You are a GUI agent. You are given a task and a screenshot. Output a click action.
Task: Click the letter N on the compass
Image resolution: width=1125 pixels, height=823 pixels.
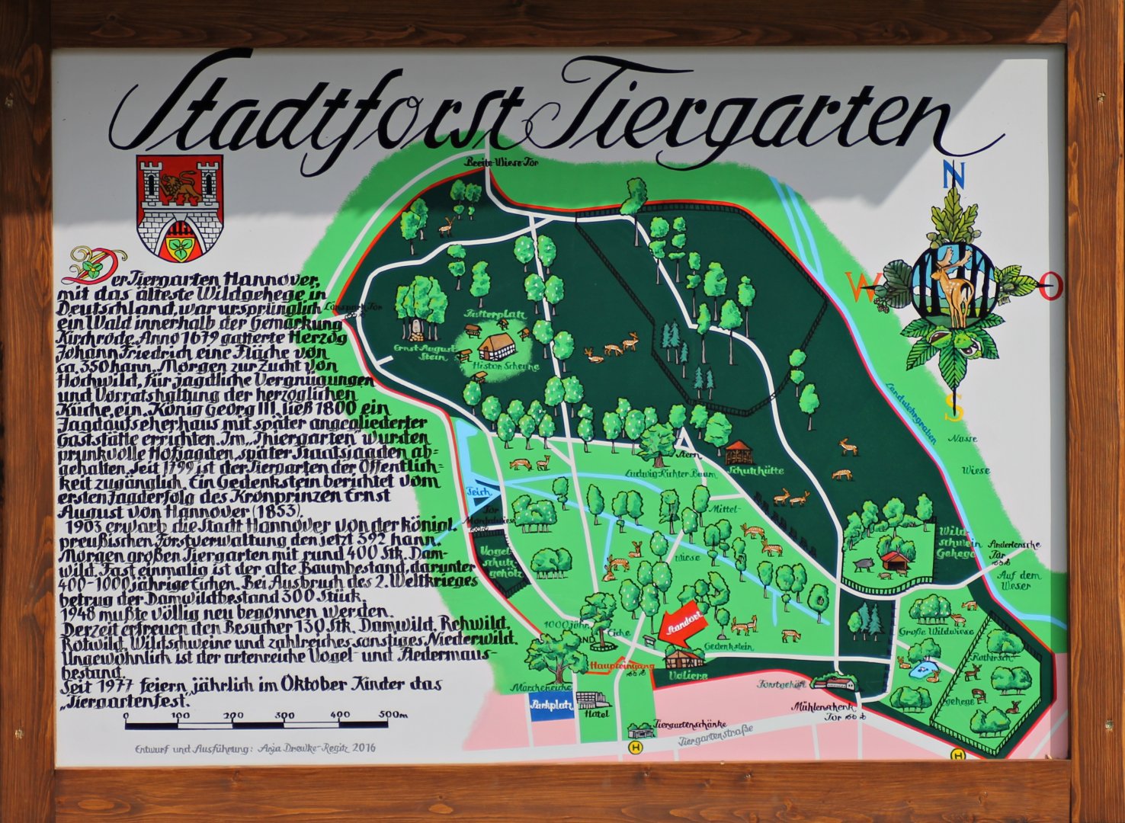coord(950,175)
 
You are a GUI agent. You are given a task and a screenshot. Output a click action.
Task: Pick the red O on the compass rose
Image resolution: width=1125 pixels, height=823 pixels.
coord(1050,287)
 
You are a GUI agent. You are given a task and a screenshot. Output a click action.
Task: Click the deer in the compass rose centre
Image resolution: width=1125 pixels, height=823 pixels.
coord(951,287)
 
